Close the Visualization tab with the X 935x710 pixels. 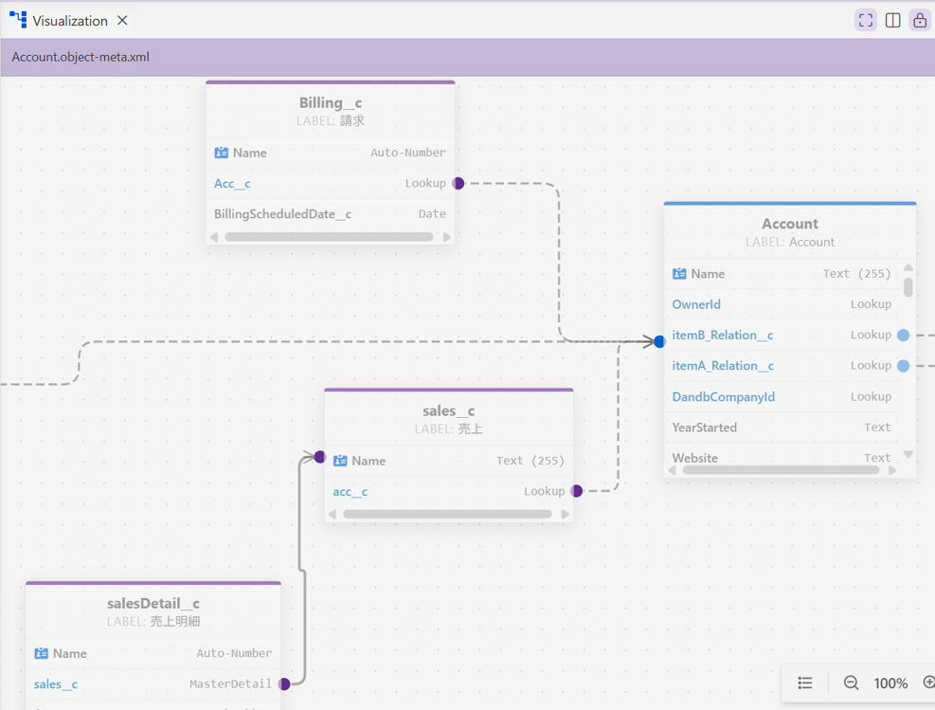122,20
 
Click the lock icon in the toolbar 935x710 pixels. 920,20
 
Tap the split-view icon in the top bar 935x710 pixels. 892,20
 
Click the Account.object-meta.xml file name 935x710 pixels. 81,57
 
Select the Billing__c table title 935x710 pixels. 331,102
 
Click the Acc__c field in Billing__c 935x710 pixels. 232,183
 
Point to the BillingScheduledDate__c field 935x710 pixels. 282,213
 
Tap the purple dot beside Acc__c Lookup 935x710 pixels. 458,183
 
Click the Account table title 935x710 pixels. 789,224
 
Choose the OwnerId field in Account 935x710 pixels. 696,304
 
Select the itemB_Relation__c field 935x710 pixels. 722,336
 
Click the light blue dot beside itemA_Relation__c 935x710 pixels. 904,366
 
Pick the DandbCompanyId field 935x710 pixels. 724,397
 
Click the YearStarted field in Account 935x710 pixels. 704,428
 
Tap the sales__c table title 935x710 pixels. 448,411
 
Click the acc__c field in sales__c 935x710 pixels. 350,492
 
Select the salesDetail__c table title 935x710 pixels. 153,603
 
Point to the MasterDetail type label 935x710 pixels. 230,683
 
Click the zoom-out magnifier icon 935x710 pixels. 851,683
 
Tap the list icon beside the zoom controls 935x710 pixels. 805,683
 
